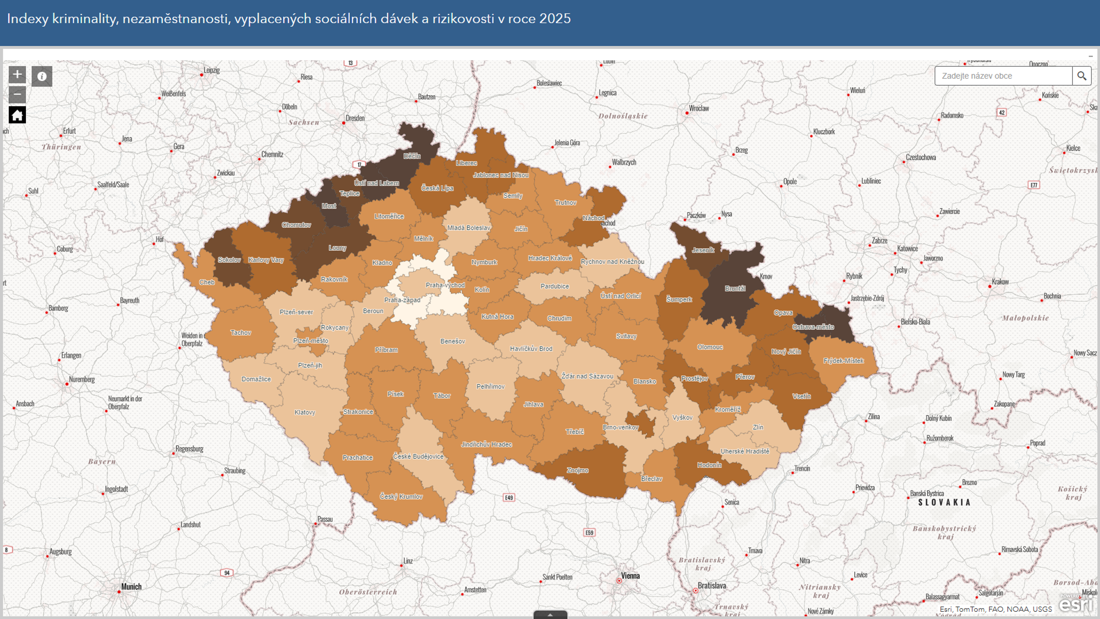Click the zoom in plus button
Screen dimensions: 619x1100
(x=17, y=75)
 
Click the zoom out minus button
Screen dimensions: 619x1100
(x=17, y=94)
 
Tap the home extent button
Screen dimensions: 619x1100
(x=17, y=115)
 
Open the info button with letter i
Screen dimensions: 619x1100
(x=42, y=76)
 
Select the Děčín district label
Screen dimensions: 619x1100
(x=412, y=156)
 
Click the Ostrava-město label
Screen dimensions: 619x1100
(x=813, y=327)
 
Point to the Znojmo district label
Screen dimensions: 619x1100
(x=577, y=470)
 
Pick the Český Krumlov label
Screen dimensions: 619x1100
(x=401, y=496)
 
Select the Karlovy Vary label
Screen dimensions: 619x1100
(x=266, y=260)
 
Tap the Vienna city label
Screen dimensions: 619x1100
(x=630, y=576)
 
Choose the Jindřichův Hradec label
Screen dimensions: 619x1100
(x=486, y=445)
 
